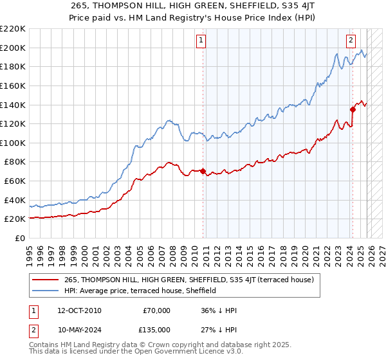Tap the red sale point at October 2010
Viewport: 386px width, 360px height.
(x=203, y=172)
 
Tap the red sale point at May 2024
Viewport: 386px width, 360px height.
(x=353, y=109)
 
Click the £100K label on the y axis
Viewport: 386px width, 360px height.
(x=13, y=143)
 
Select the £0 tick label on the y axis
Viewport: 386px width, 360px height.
(x=19, y=239)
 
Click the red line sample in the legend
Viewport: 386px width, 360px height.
(x=46, y=280)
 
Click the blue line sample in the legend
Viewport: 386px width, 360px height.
(x=46, y=291)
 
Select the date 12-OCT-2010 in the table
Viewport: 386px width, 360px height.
(x=87, y=310)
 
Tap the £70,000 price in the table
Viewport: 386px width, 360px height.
(x=157, y=310)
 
